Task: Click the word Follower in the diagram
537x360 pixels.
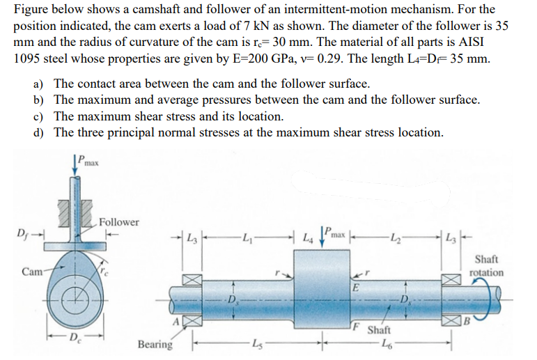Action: point(119,222)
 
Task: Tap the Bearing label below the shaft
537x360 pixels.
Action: point(155,344)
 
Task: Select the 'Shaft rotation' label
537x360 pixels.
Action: point(487,267)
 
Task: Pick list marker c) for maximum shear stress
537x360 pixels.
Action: point(40,116)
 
